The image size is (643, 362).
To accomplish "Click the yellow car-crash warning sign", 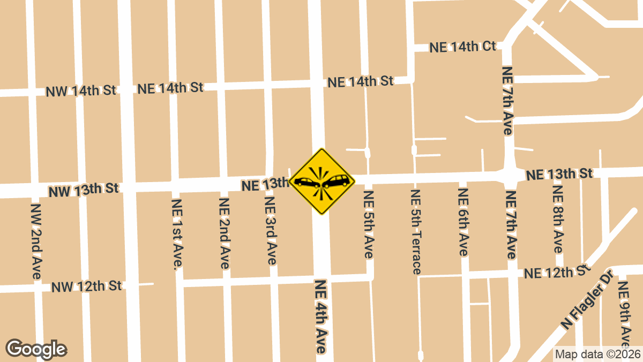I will (322, 182).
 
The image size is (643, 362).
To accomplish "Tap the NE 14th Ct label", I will (463, 47).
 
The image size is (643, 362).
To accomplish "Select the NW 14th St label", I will (81, 91).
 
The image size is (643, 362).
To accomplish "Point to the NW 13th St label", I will (84, 190).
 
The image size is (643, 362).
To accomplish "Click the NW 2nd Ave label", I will (36, 240).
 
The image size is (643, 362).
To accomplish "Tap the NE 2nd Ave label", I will (225, 233).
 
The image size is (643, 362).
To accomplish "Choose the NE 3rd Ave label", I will (271, 231).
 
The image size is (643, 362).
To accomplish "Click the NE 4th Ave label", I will (321, 316).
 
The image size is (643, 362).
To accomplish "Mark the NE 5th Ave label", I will (369, 224).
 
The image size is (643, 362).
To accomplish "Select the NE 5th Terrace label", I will (416, 232).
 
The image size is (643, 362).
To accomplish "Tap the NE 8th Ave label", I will (558, 220).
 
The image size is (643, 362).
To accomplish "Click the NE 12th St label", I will (557, 273).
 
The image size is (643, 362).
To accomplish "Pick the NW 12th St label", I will (87, 286).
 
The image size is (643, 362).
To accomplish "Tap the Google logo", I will (36, 349).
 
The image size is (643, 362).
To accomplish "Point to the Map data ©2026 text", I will (597, 354).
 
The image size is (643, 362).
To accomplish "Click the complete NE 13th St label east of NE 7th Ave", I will (559, 174).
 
